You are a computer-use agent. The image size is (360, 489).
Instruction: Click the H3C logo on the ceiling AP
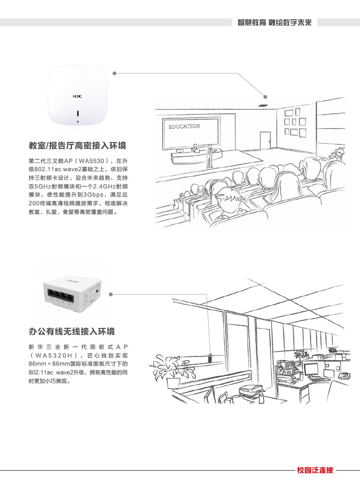tap(77, 97)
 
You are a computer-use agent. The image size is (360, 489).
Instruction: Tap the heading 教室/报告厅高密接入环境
tap(78, 146)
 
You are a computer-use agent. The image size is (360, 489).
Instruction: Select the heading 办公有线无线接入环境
tap(72, 331)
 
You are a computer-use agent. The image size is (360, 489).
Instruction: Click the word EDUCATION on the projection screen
tap(184, 126)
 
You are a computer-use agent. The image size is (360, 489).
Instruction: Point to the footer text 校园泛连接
tap(315, 470)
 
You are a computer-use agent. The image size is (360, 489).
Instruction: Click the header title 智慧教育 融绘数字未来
tap(275, 22)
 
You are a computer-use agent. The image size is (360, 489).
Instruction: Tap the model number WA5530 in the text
tap(91, 161)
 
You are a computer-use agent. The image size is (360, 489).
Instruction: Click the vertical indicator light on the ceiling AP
tap(78, 113)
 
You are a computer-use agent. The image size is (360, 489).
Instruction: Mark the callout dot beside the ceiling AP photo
tap(114, 73)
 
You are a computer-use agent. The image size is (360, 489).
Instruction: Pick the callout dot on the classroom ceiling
tap(265, 97)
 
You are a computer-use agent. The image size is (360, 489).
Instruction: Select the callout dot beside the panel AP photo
tap(111, 294)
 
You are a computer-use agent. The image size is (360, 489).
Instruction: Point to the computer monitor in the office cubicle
tap(311, 369)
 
